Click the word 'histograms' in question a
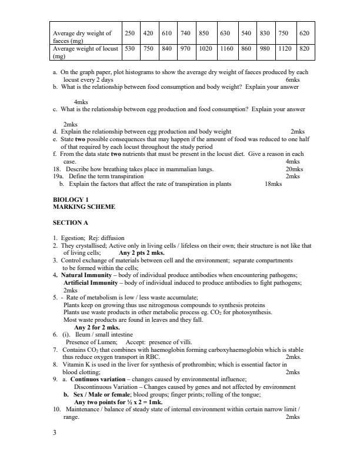139,72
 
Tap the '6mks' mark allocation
292,79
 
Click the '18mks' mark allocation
273,184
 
